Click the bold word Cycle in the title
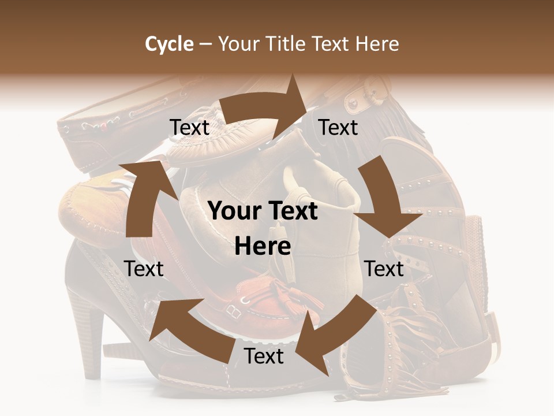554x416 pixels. (169, 44)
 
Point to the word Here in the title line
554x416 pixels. (378, 44)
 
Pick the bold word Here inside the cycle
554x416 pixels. (263, 247)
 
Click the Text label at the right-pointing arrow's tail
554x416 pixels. (190, 128)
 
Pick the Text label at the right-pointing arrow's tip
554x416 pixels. (338, 127)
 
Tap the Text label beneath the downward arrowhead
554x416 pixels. (384, 269)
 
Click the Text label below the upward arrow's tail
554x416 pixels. (144, 269)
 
